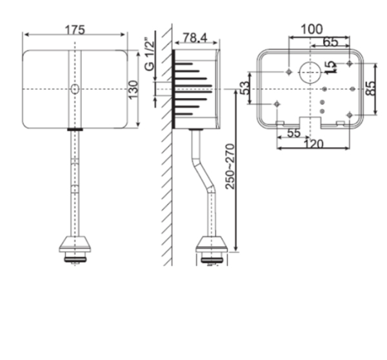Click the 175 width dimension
(75, 29)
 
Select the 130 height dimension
(134, 90)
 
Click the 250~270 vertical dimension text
(230, 166)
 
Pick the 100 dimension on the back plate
(312, 29)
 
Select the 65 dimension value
(330, 42)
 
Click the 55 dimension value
(293, 132)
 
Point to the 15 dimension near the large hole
(330, 67)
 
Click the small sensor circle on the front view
(75, 88)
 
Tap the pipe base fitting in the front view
(75, 246)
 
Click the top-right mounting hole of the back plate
(349, 63)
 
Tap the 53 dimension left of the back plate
(244, 88)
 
